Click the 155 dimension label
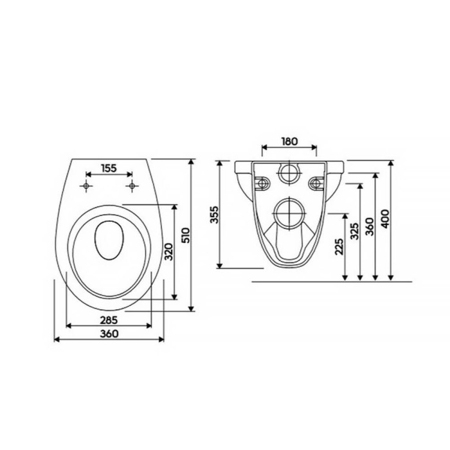point(109,168)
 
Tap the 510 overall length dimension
point(186,235)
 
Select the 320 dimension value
point(168,252)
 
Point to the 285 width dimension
point(109,320)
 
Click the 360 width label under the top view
point(109,334)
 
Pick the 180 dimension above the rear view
point(289,141)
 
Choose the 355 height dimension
point(214,215)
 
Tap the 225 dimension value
point(339,246)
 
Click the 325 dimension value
point(355,231)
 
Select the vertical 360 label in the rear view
point(370,227)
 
